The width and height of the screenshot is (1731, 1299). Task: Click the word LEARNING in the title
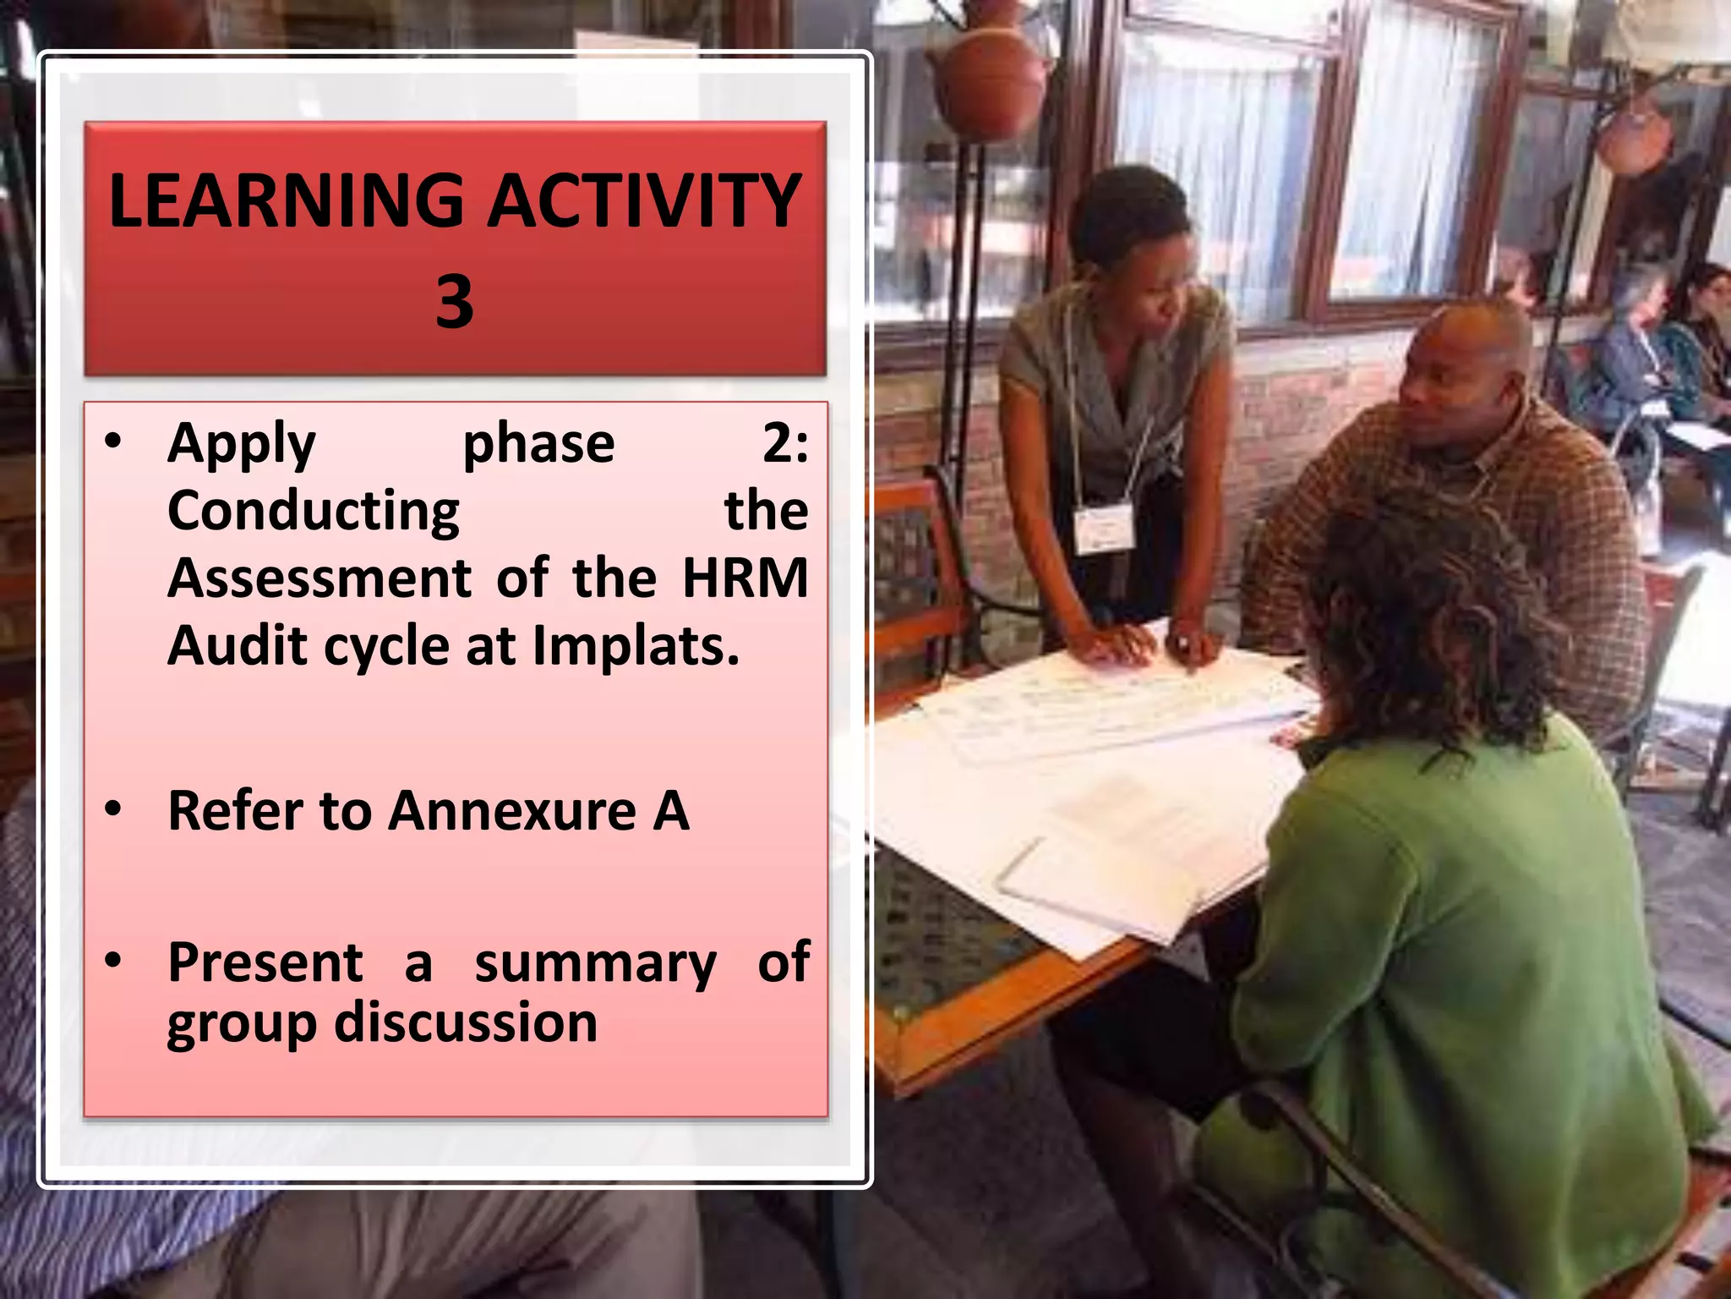287,201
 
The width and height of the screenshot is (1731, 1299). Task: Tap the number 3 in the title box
455,302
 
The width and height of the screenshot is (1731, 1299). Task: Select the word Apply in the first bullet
242,445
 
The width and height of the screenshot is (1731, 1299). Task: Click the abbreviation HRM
745,579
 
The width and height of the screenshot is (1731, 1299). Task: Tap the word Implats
636,647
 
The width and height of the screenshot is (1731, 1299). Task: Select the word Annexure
512,811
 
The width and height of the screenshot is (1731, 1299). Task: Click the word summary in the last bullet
596,964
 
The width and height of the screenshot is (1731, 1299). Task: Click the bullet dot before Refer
113,809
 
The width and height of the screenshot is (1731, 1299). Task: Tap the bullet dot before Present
113,961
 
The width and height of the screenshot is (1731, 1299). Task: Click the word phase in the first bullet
538,445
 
